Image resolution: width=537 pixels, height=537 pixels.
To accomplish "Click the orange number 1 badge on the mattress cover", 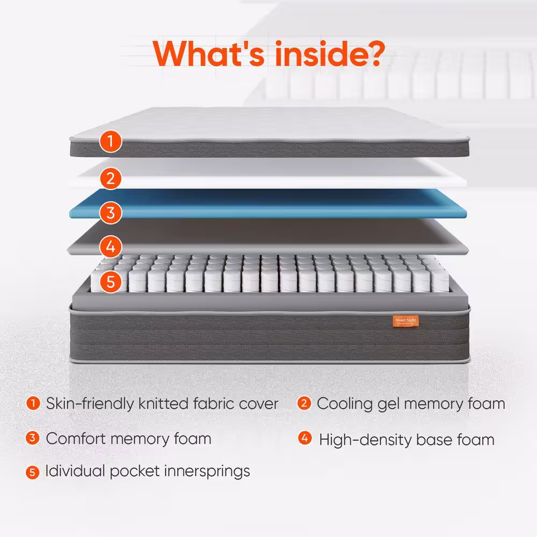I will click(110, 142).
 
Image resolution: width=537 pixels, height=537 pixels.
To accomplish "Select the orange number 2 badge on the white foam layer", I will click(110, 178).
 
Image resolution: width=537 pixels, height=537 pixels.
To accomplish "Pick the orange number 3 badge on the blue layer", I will click(110, 213).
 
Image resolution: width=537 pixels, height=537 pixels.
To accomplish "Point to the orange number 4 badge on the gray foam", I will click(110, 247).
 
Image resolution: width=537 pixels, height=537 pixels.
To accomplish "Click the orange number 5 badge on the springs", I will click(110, 281).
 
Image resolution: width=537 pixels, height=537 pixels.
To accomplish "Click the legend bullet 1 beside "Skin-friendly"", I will click(33, 403).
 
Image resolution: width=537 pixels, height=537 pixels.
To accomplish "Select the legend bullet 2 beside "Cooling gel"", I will click(304, 403).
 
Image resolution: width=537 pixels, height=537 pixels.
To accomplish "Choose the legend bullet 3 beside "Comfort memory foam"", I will click(33, 438).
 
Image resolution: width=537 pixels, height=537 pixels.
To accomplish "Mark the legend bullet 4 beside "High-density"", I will click(304, 439).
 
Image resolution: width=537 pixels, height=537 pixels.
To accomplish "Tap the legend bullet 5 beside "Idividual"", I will click(33, 473).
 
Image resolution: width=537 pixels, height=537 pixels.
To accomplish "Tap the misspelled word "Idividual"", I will click(75, 471).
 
